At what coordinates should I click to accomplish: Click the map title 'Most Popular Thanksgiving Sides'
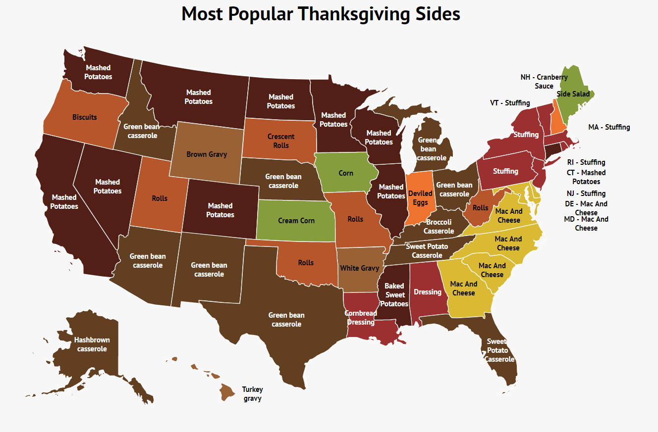click(x=321, y=14)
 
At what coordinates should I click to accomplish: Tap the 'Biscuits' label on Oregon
click(x=85, y=117)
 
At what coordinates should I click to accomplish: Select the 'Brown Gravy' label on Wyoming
click(x=207, y=154)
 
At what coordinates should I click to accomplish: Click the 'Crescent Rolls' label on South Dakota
click(x=281, y=141)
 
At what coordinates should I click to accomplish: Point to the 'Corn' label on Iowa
click(x=346, y=173)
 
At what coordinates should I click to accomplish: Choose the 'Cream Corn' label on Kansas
click(x=296, y=221)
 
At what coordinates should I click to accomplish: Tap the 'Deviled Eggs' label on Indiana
click(x=420, y=198)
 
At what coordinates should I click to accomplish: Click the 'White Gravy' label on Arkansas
click(x=359, y=268)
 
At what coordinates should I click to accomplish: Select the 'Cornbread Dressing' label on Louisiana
click(x=361, y=318)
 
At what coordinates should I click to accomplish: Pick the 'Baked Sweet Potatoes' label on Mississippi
click(x=394, y=295)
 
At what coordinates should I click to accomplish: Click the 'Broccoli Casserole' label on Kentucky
click(x=439, y=227)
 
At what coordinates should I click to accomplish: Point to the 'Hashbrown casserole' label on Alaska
click(x=92, y=344)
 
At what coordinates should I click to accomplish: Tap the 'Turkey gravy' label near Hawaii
click(x=252, y=394)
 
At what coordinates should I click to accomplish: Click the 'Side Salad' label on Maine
click(x=573, y=94)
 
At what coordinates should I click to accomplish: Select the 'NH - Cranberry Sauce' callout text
click(x=544, y=82)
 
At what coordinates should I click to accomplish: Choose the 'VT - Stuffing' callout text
click(x=510, y=103)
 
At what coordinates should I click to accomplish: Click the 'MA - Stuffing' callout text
click(x=609, y=127)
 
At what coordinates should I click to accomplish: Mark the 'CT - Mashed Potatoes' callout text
click(x=586, y=177)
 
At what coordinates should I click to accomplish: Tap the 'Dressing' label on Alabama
click(x=428, y=292)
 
